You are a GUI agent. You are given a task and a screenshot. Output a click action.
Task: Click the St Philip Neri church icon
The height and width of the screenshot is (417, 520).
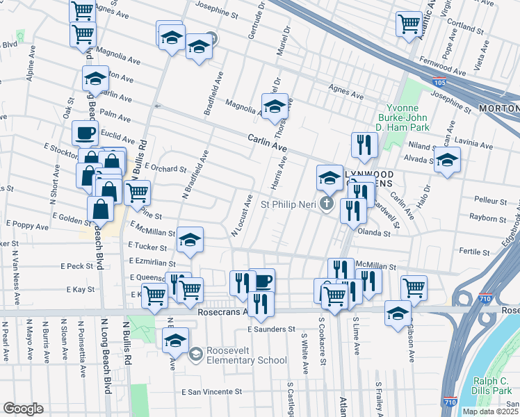pos(327,204)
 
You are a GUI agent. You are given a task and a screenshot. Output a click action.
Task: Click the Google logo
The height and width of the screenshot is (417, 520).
pos(23,409)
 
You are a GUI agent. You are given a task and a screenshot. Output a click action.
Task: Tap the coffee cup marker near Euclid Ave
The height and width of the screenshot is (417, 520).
pos(85,132)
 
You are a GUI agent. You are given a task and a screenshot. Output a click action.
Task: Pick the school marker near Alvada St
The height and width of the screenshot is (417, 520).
pos(447,159)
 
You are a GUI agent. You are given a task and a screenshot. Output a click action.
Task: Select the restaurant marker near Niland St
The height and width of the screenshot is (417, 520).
pos(364,145)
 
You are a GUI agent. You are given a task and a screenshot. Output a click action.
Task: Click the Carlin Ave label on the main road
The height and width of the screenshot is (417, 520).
pos(268,145)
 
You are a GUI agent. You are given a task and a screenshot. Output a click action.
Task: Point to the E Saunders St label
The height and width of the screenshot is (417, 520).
pos(272,329)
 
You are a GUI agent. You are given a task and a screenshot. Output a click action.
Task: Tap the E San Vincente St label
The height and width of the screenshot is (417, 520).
pos(211,392)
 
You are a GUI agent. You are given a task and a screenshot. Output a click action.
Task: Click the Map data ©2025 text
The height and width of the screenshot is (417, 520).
pos(489,411)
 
